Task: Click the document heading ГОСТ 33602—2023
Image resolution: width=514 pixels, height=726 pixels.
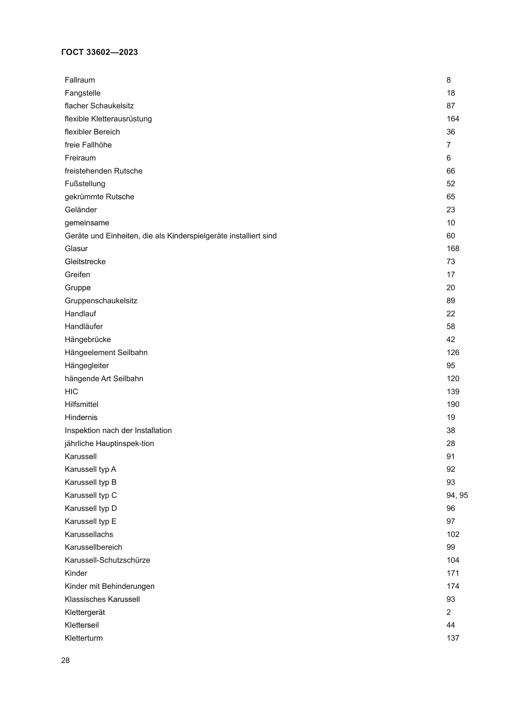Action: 99,52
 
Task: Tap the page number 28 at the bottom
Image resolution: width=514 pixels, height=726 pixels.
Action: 65,660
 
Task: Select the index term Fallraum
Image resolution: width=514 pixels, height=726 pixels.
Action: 80,80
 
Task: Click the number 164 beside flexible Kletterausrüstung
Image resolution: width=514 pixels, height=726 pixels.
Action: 452,119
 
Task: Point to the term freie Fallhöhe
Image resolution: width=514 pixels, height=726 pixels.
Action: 88,145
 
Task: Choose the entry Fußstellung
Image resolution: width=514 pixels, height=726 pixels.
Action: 85,184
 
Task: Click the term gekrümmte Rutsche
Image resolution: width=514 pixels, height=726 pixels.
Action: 99,197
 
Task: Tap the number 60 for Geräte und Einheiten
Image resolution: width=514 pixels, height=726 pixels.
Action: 450,236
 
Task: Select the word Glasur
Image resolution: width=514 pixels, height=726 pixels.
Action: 76,249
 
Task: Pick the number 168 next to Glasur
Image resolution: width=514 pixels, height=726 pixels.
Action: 452,249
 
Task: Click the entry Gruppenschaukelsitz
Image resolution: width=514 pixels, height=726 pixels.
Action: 101,301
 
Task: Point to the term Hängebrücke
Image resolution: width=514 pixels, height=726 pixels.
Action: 88,340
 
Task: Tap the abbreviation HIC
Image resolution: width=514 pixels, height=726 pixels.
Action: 71,391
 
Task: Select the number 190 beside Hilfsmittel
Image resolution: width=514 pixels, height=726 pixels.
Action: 452,404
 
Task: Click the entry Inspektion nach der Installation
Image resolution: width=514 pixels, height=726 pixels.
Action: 118,430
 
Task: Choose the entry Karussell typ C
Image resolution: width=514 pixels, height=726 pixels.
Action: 90,495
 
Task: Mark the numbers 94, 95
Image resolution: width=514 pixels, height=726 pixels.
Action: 457,495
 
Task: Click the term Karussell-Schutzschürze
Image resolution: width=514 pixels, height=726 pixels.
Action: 107,560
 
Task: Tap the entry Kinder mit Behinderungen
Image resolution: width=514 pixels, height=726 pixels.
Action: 109,586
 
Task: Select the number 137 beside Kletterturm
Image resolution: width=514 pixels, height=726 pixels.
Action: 452,638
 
